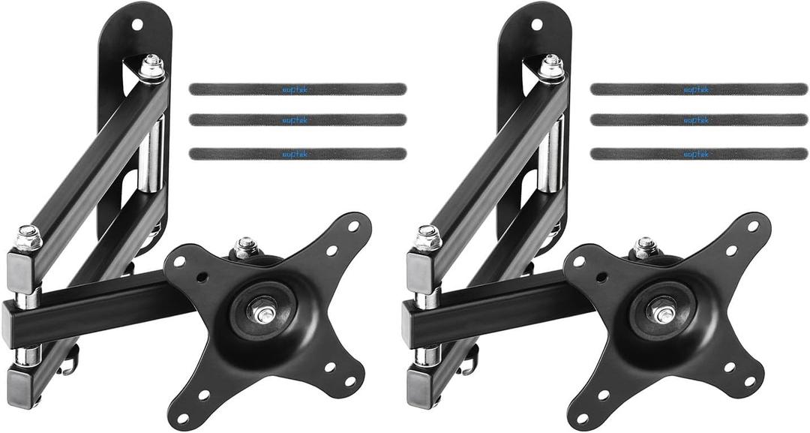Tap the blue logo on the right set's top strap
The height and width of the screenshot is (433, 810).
point(695,89)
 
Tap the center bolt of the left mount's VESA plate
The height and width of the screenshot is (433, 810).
point(263,313)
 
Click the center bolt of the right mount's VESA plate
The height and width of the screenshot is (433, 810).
point(663,313)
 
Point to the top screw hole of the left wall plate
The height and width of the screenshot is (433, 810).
point(136,24)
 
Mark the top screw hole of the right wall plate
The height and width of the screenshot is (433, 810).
point(536,24)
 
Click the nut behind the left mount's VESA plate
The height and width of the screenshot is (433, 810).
point(244,246)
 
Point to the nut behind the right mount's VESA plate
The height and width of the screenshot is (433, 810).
point(644,246)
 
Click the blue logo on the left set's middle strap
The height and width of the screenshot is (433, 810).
point(294,120)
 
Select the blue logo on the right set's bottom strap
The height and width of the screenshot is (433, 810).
point(695,154)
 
